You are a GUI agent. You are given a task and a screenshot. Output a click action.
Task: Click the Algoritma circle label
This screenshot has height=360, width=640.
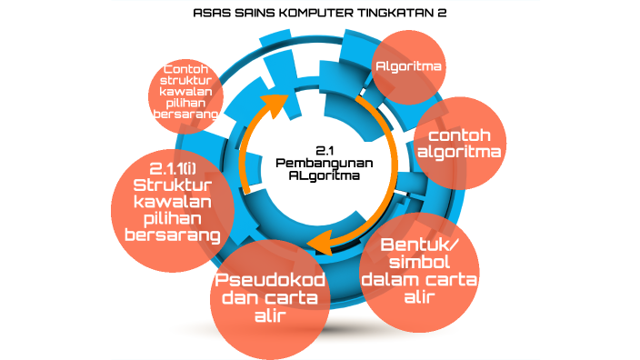[409, 66]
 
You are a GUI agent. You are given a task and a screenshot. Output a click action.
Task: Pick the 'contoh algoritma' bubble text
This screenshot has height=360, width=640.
[459, 143]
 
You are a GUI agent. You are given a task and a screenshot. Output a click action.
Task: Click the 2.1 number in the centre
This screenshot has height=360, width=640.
[325, 148]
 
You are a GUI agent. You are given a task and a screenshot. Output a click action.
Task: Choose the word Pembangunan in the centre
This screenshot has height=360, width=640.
[325, 161]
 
